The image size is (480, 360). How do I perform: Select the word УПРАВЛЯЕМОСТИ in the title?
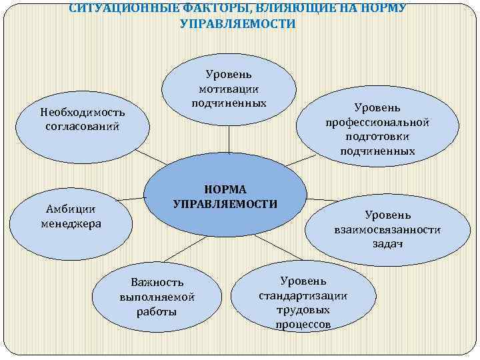[238, 24]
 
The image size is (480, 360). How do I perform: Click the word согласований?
[82, 126]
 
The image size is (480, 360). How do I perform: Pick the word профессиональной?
[377, 122]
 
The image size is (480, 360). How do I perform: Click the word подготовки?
[377, 137]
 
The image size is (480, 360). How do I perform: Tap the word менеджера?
[71, 223]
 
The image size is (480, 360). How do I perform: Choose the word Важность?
[157, 283]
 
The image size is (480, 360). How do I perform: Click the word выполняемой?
[157, 297]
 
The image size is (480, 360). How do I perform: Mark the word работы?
[157, 311]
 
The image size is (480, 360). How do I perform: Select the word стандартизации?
[303, 295]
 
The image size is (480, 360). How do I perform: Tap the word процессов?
[303, 324]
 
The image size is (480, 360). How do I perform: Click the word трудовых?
[303, 309]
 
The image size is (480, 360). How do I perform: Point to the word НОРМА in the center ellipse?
[225, 189]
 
